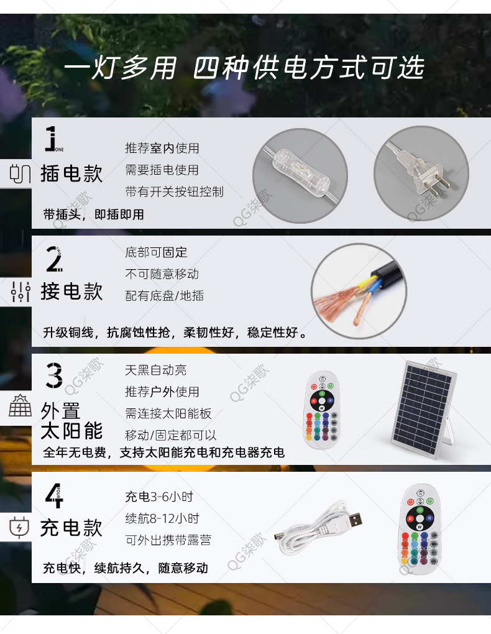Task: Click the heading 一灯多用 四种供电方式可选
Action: click(x=244, y=68)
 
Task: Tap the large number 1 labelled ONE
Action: click(x=52, y=138)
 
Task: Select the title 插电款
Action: click(x=71, y=173)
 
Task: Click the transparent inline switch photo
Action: click(x=300, y=175)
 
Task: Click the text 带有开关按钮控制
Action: click(x=174, y=191)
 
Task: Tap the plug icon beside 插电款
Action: click(x=20, y=173)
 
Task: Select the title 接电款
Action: click(x=71, y=291)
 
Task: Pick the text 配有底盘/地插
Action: click(x=165, y=296)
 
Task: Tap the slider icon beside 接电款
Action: click(x=21, y=292)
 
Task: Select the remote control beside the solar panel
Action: click(x=322, y=410)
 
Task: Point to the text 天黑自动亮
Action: click(x=156, y=370)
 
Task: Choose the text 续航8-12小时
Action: click(x=162, y=518)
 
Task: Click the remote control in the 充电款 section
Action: click(x=420, y=528)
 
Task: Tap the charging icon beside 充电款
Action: click(x=19, y=527)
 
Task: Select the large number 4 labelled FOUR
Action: click(x=54, y=495)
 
